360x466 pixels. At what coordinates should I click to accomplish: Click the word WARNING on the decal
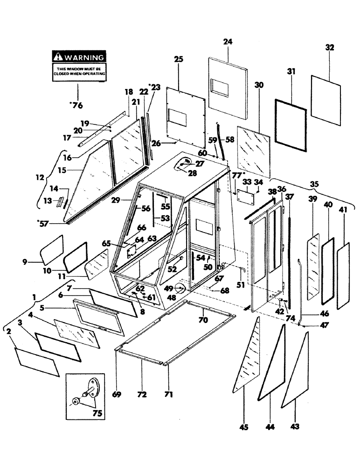pyautogui.click(x=83, y=57)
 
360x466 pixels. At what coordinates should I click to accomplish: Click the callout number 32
pyautogui.click(x=329, y=48)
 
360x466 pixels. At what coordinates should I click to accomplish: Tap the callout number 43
pyautogui.click(x=295, y=425)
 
